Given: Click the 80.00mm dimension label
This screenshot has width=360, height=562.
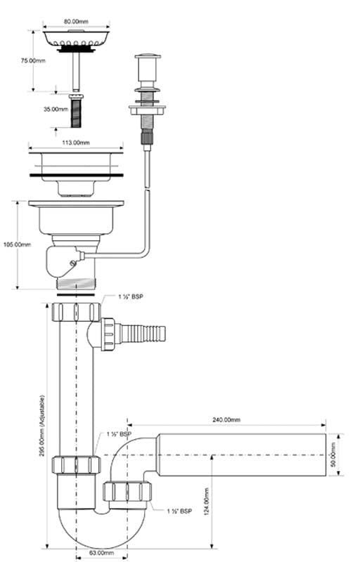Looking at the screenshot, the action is click(76, 22).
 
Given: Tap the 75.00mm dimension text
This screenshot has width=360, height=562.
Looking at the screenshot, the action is click(33, 60).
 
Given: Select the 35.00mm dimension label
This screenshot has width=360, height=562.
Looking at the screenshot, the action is click(56, 109).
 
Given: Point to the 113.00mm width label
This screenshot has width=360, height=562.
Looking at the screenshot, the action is click(76, 143).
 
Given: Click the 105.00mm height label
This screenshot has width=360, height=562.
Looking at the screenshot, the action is click(17, 244).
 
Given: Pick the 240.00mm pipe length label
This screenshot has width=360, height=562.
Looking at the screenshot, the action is click(226, 419).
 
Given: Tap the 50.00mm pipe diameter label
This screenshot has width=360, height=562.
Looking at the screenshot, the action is click(333, 455).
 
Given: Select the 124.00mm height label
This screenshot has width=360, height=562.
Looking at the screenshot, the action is click(206, 502).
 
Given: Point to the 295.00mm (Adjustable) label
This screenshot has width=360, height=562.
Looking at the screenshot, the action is click(42, 426).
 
